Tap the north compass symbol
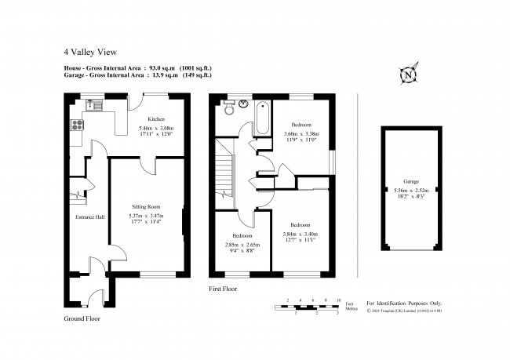point(408,75)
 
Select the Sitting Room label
point(146,205)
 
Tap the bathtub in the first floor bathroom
point(261,118)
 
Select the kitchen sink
point(93,103)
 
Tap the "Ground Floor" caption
point(82,319)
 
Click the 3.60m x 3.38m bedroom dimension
point(301,133)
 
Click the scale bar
point(311,307)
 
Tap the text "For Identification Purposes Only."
point(404,303)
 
